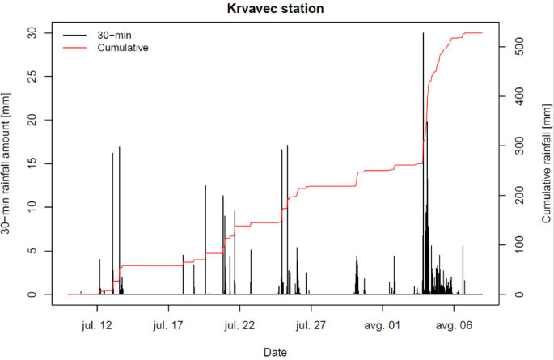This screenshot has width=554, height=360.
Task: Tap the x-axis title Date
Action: (277, 352)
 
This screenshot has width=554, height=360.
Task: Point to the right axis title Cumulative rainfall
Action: (545, 163)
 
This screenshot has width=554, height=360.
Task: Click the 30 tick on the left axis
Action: (32, 32)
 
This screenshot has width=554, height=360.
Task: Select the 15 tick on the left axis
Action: (32, 163)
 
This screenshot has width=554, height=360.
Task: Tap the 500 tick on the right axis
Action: (523, 47)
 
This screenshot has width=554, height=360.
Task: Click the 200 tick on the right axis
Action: (523, 196)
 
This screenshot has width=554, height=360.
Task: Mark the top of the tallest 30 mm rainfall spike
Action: (423, 33)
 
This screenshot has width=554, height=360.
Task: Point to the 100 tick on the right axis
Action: (523, 245)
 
